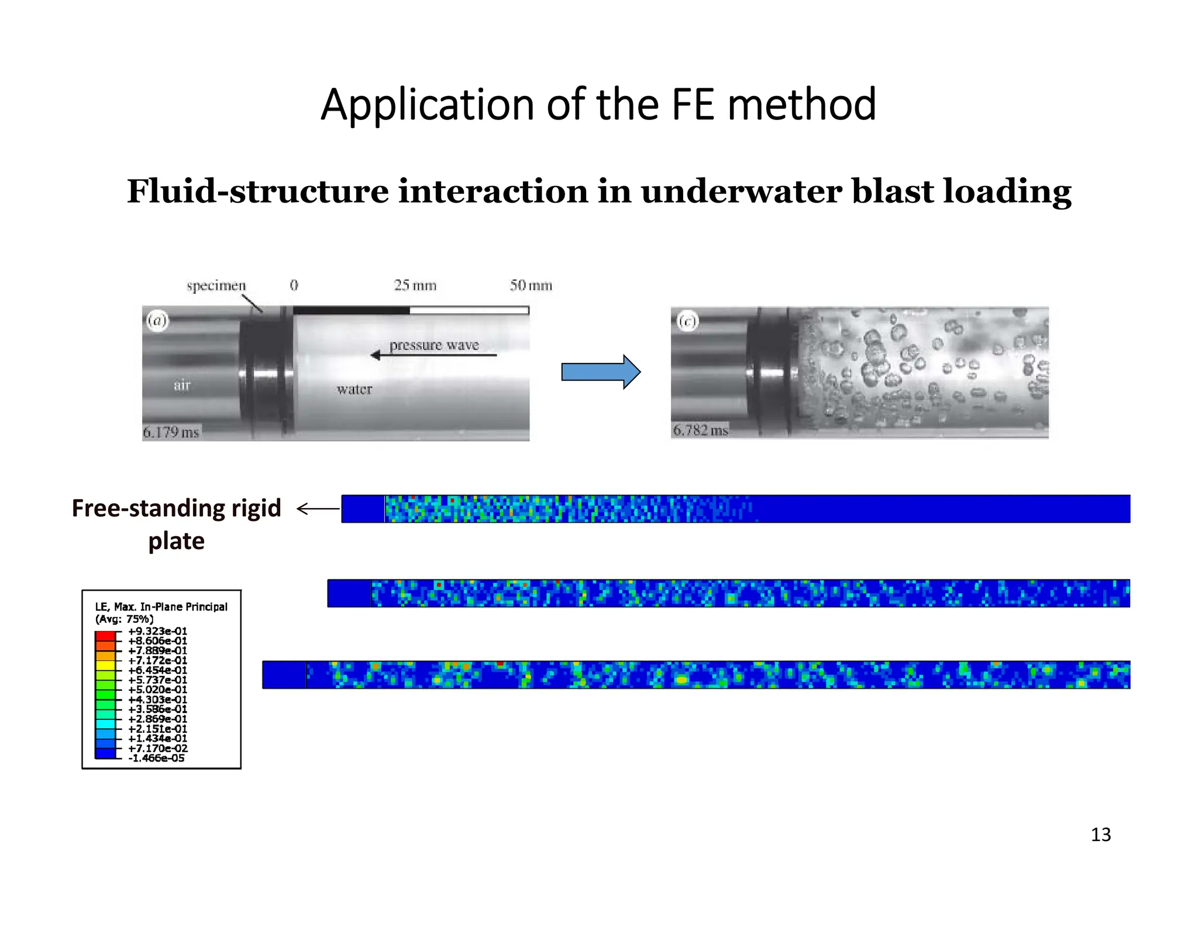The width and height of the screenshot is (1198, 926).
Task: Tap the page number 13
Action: pos(1100,834)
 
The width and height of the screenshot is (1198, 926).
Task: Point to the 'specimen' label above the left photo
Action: pos(216,286)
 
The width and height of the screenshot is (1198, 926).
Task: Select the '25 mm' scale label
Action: pos(415,286)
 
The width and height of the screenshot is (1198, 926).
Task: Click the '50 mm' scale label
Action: pos(531,286)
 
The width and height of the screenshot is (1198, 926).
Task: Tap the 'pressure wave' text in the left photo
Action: pos(434,345)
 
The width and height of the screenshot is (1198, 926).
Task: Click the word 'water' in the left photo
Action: pos(354,389)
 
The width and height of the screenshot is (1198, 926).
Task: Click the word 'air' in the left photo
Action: pos(182,385)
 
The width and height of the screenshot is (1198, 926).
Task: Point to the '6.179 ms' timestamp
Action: pos(171,433)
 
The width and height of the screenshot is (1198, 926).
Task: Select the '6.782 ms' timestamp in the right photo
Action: pos(700,430)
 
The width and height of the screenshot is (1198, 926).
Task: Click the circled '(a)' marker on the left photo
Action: pos(157,321)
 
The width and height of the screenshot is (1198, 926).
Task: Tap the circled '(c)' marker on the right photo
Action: pos(687,321)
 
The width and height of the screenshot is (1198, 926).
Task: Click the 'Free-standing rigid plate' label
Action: pos(176,524)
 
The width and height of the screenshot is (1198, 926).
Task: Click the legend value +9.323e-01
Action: pos(157,631)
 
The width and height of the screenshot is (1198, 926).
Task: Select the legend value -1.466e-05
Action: pos(156,758)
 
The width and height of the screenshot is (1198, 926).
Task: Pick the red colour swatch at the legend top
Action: pos(105,636)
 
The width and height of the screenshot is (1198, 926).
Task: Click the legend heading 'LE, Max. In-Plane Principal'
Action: pos(161,607)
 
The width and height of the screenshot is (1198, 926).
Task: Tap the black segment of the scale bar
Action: pos(351,310)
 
